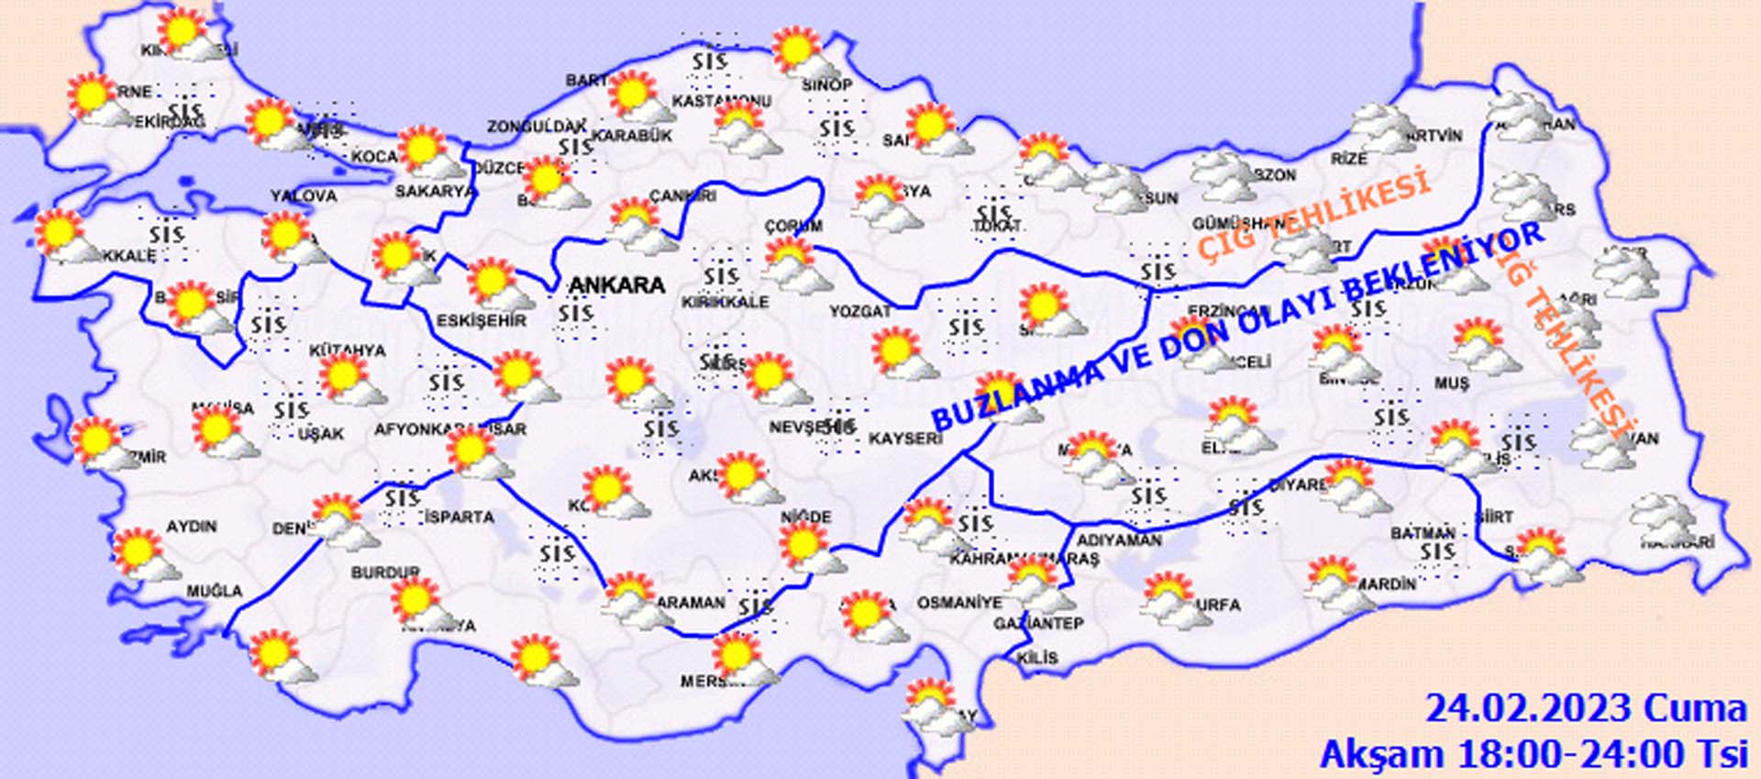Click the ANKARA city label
(616, 285)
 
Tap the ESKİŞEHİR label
(482, 321)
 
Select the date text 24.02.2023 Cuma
(1585, 709)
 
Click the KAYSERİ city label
(905, 439)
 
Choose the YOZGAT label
(860, 312)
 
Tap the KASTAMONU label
(722, 101)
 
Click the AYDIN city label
(192, 527)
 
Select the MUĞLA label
(215, 592)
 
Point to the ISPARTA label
(460, 517)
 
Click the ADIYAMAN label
(1119, 541)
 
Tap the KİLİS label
(1037, 658)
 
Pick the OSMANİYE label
(959, 603)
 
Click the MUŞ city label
(1451, 384)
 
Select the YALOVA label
(304, 195)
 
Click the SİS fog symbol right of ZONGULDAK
(575, 147)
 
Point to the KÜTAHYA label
(347, 351)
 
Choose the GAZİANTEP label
(1038, 624)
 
